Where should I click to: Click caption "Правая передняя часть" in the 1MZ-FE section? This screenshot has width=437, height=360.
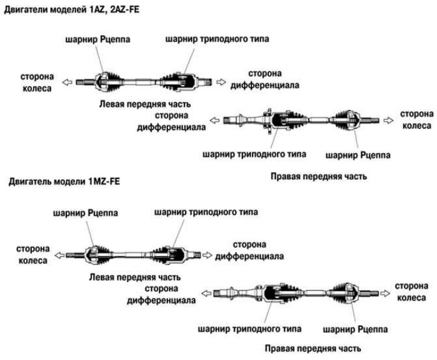click(312, 349)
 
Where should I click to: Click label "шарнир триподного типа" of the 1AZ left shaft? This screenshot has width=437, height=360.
click(217, 39)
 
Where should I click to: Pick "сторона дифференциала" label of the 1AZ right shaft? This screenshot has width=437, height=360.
click(170, 121)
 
